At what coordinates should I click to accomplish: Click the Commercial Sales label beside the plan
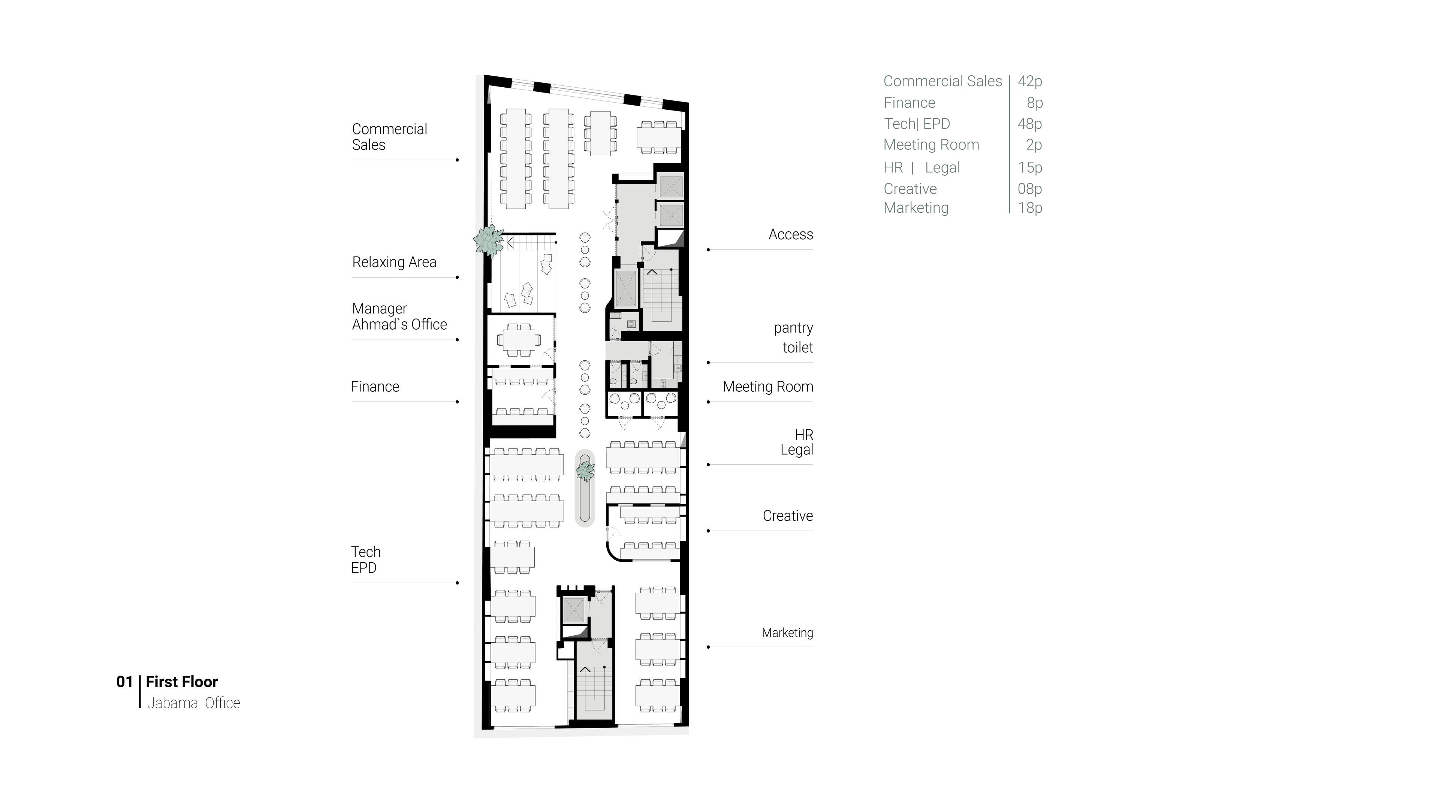(389, 137)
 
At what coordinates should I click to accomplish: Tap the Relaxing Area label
(394, 262)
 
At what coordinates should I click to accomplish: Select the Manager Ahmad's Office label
(399, 316)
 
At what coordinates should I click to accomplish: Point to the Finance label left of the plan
(375, 387)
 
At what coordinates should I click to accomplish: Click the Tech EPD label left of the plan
(366, 560)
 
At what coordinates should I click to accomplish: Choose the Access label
(790, 234)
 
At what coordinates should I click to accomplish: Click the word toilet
(798, 347)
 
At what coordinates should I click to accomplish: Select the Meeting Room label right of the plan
(767, 387)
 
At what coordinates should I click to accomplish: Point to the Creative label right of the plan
(788, 516)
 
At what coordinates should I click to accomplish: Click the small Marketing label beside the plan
(787, 633)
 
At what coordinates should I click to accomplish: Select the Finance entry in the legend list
(909, 103)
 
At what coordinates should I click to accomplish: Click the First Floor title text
(181, 682)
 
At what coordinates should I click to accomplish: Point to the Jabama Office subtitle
(193, 703)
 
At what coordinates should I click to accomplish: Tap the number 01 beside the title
(124, 682)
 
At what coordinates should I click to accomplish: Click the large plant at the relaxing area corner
(489, 240)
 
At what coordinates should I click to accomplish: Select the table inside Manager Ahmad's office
(519, 339)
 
